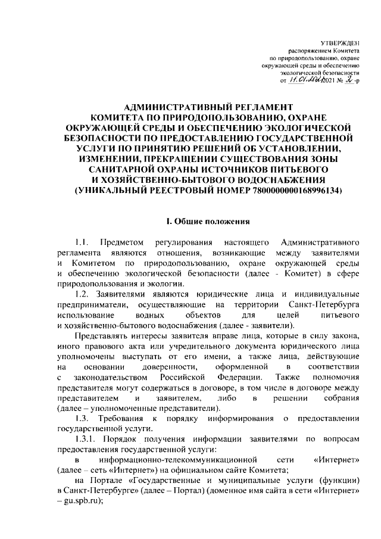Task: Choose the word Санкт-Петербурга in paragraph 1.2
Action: coord(329,305)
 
